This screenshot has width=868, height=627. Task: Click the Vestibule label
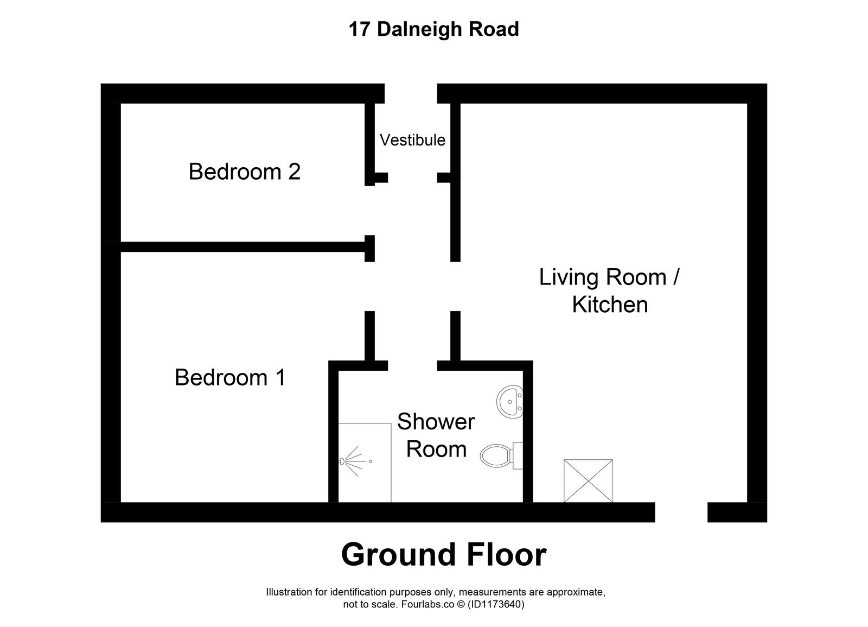tap(412, 140)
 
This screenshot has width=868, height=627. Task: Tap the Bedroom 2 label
tap(244, 172)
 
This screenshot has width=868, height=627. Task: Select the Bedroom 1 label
tap(230, 377)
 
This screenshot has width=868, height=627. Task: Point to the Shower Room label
tap(436, 435)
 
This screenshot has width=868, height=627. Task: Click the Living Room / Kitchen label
tap(610, 290)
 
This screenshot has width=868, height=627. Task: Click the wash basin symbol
tap(509, 402)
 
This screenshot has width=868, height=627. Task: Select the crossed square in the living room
tap(588, 481)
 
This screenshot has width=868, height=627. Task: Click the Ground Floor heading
tap(443, 555)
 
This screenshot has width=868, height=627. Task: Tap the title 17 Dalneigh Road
tap(433, 29)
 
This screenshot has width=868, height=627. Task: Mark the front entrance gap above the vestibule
tap(411, 93)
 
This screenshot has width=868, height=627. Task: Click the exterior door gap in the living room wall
tap(681, 512)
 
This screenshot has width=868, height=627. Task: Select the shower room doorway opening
tap(412, 365)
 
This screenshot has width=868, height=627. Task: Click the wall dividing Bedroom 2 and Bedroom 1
tap(242, 247)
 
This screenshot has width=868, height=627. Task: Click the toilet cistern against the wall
tap(518, 455)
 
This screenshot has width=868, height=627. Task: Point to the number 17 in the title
tap(359, 29)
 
